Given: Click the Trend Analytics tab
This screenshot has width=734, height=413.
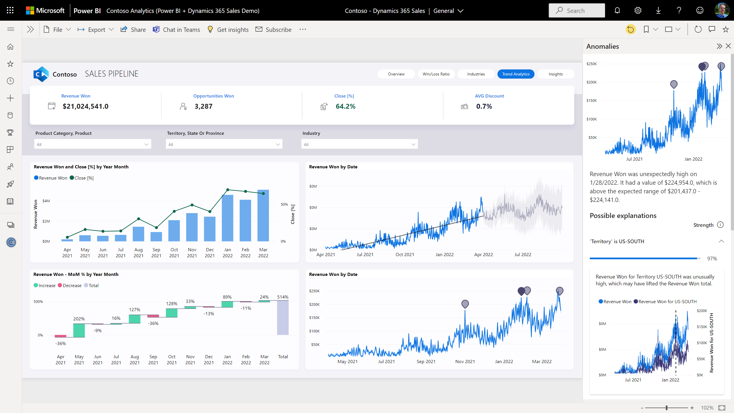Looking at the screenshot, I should coord(516,74).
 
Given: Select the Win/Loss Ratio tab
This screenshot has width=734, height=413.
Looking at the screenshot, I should coord(436,74).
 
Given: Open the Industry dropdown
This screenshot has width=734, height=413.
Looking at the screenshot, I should coord(359,144).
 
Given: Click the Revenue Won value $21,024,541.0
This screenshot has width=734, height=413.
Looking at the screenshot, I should coord(85,106).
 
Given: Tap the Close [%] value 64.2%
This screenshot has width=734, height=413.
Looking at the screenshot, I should coord(345,106).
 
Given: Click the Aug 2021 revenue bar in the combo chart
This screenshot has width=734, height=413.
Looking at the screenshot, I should coord(138,234).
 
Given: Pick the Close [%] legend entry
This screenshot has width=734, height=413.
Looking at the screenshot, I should coord(82,178).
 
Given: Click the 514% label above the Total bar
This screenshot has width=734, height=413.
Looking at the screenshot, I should coord(283,297).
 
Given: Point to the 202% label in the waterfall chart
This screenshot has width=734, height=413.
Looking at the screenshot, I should coord(79,319).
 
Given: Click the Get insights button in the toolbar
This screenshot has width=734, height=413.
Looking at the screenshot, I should coord(228,30).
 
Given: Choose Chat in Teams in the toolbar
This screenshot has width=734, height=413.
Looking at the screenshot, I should coord(176,30).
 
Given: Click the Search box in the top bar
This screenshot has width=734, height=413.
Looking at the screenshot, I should coord(577,11).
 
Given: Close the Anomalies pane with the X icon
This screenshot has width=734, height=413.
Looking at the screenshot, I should coord(728,46).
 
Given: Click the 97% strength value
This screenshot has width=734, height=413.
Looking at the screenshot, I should coord(712,259).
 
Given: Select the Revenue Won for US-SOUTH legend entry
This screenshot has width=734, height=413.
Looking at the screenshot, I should coord(665,302).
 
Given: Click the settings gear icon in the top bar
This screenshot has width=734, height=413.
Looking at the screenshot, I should coord(638,11).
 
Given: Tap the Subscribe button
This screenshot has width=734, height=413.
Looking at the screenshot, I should coord(274,30).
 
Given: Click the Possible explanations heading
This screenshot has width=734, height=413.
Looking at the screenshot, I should coord(623,216).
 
